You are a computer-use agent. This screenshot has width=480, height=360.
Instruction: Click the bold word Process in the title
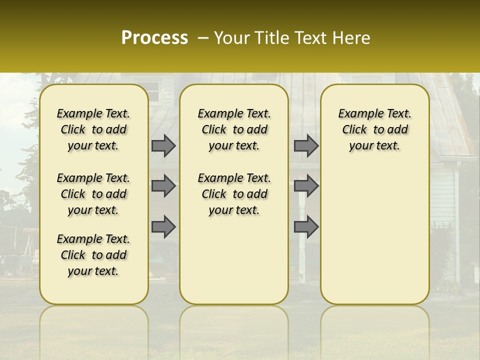[x=154, y=38]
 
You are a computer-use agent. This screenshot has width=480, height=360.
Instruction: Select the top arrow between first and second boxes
[x=163, y=145]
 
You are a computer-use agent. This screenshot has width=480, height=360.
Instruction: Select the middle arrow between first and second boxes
[x=163, y=186]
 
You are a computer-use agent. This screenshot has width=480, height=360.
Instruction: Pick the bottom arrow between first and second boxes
[x=163, y=226]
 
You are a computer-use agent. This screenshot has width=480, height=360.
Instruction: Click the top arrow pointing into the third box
[x=306, y=145]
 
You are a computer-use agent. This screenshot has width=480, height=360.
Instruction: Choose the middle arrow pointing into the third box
[x=306, y=186]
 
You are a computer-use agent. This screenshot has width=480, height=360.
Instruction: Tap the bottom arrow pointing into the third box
[x=306, y=226]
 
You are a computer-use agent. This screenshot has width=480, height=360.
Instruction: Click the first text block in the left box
[x=93, y=129]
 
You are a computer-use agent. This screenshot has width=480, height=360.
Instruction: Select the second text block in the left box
[x=93, y=194]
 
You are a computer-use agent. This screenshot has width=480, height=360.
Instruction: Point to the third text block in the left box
[x=93, y=255]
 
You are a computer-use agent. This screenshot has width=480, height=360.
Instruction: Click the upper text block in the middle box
[x=234, y=129]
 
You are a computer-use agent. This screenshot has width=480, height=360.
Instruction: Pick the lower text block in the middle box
[x=234, y=194]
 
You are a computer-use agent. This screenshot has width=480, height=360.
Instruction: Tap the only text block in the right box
[x=374, y=129]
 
